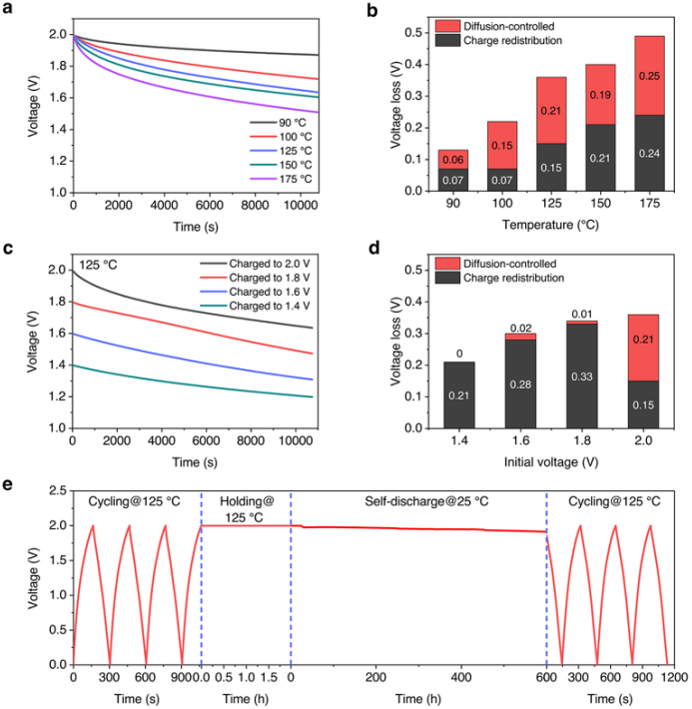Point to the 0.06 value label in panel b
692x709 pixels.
point(454,159)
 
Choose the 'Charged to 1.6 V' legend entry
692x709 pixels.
point(278,291)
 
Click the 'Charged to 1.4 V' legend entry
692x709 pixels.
point(278,304)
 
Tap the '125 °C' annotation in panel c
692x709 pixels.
point(100,266)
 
